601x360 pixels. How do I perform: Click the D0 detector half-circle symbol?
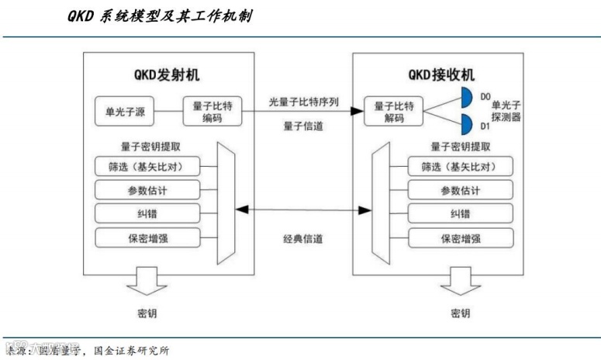click(468, 98)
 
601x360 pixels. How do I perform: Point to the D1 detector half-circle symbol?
click(468, 124)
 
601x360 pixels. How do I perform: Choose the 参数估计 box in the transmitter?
click(145, 190)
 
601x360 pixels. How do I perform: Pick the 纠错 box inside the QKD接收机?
click(460, 214)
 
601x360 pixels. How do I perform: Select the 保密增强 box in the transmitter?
click(145, 237)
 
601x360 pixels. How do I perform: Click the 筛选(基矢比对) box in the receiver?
click(460, 167)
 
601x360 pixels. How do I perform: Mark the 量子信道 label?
click(299, 125)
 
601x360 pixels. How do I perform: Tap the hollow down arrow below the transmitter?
click(146, 281)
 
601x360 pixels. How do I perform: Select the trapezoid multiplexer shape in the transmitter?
click(227, 202)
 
